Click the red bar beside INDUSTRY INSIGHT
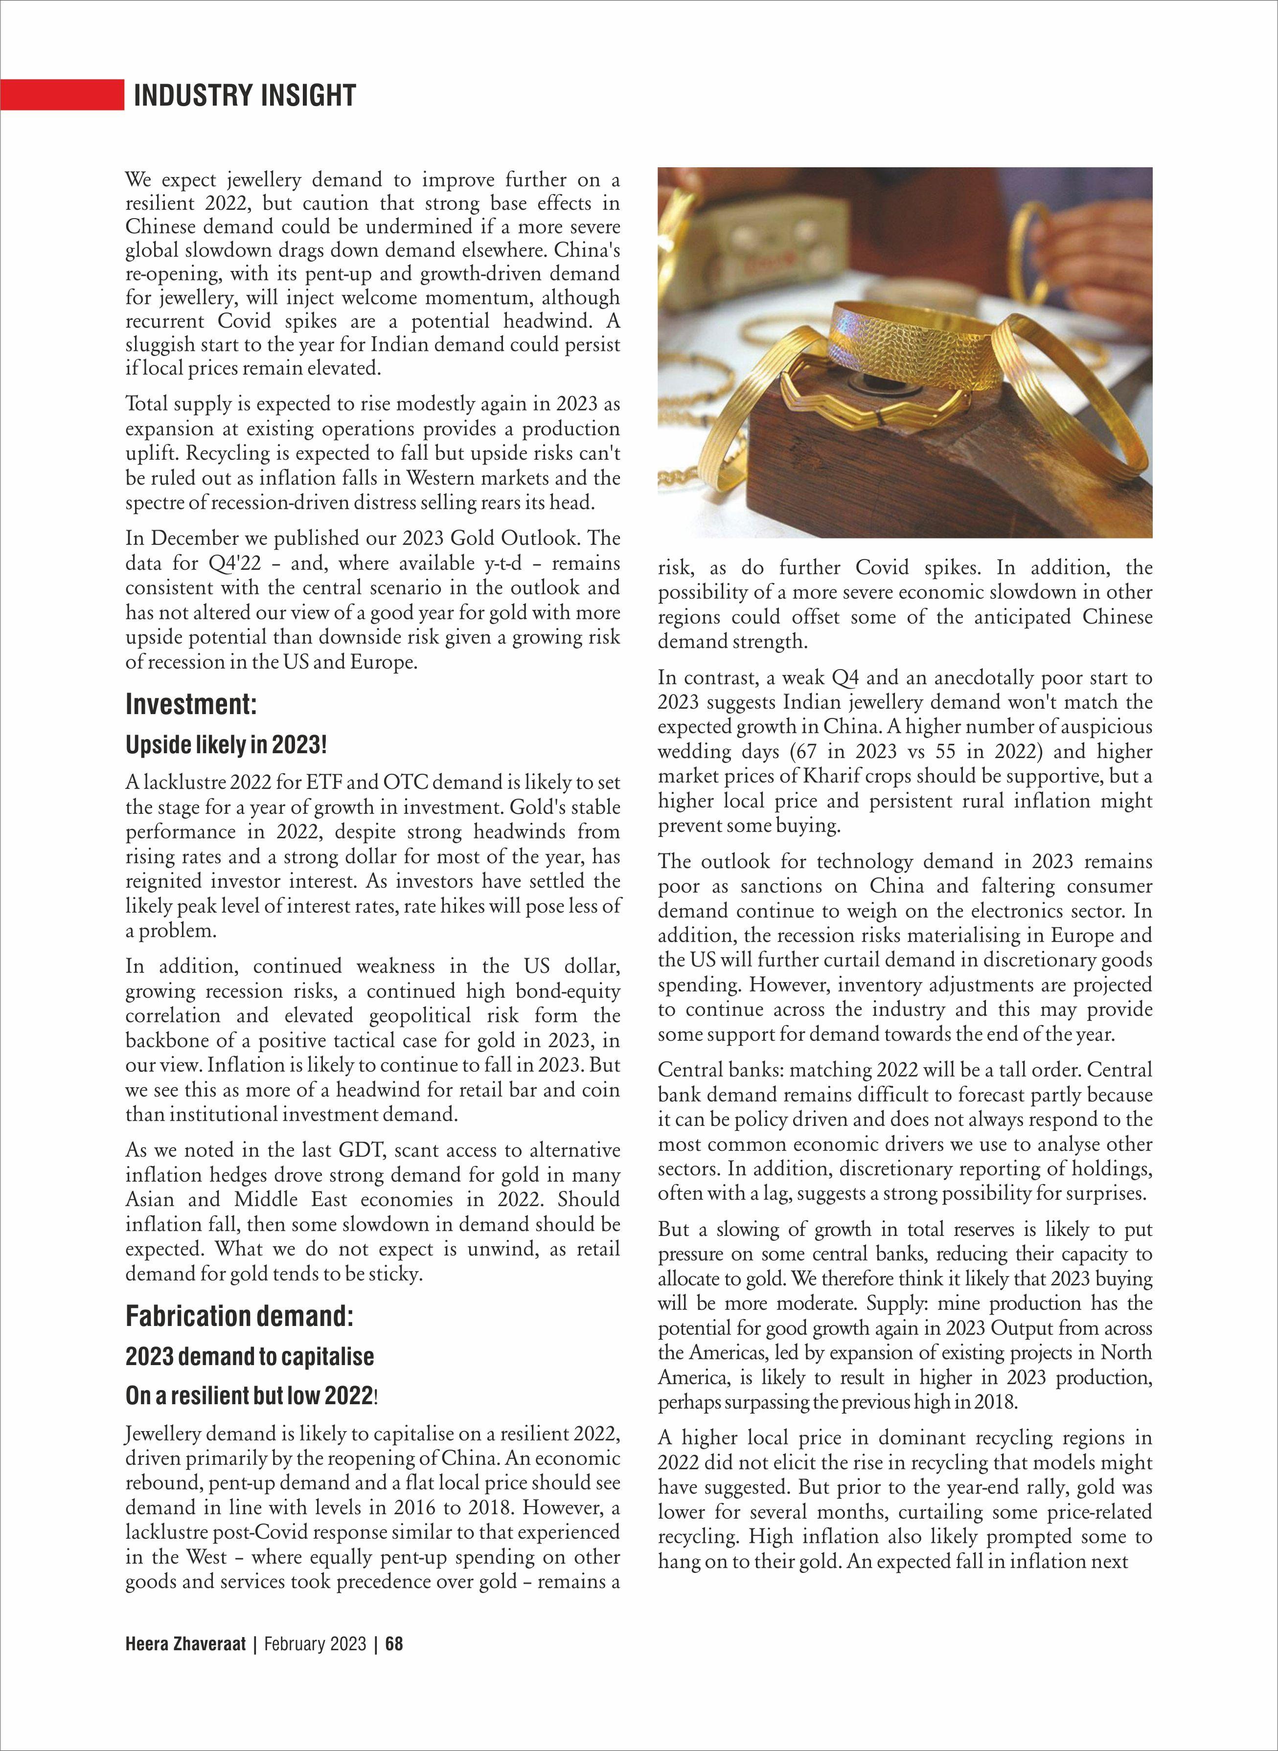click(62, 94)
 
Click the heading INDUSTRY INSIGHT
click(245, 95)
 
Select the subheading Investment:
click(190, 705)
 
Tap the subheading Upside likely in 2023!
click(226, 745)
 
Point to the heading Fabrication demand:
click(239, 1316)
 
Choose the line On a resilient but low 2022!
click(251, 1395)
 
